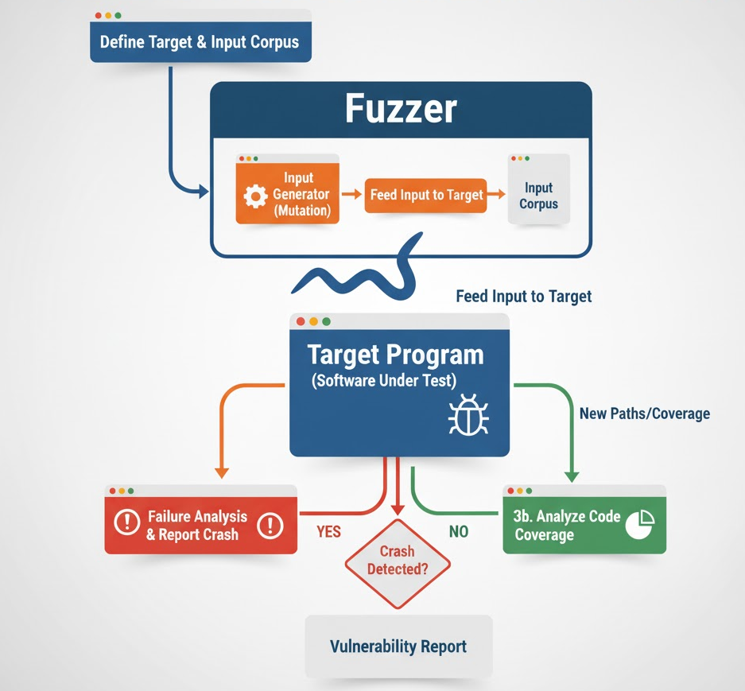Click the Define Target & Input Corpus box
(200, 42)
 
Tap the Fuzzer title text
(401, 109)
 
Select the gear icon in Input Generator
(255, 196)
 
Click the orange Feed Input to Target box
(427, 195)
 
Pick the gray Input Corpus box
(538, 195)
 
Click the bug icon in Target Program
(468, 415)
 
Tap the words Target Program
(395, 354)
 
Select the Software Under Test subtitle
(384, 380)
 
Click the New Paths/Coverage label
(644, 413)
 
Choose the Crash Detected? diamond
(397, 560)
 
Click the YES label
(328, 531)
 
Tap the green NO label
(459, 531)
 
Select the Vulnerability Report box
(398, 646)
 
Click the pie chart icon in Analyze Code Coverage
(639, 525)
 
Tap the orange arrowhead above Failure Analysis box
(222, 473)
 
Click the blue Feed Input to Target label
(523, 297)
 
